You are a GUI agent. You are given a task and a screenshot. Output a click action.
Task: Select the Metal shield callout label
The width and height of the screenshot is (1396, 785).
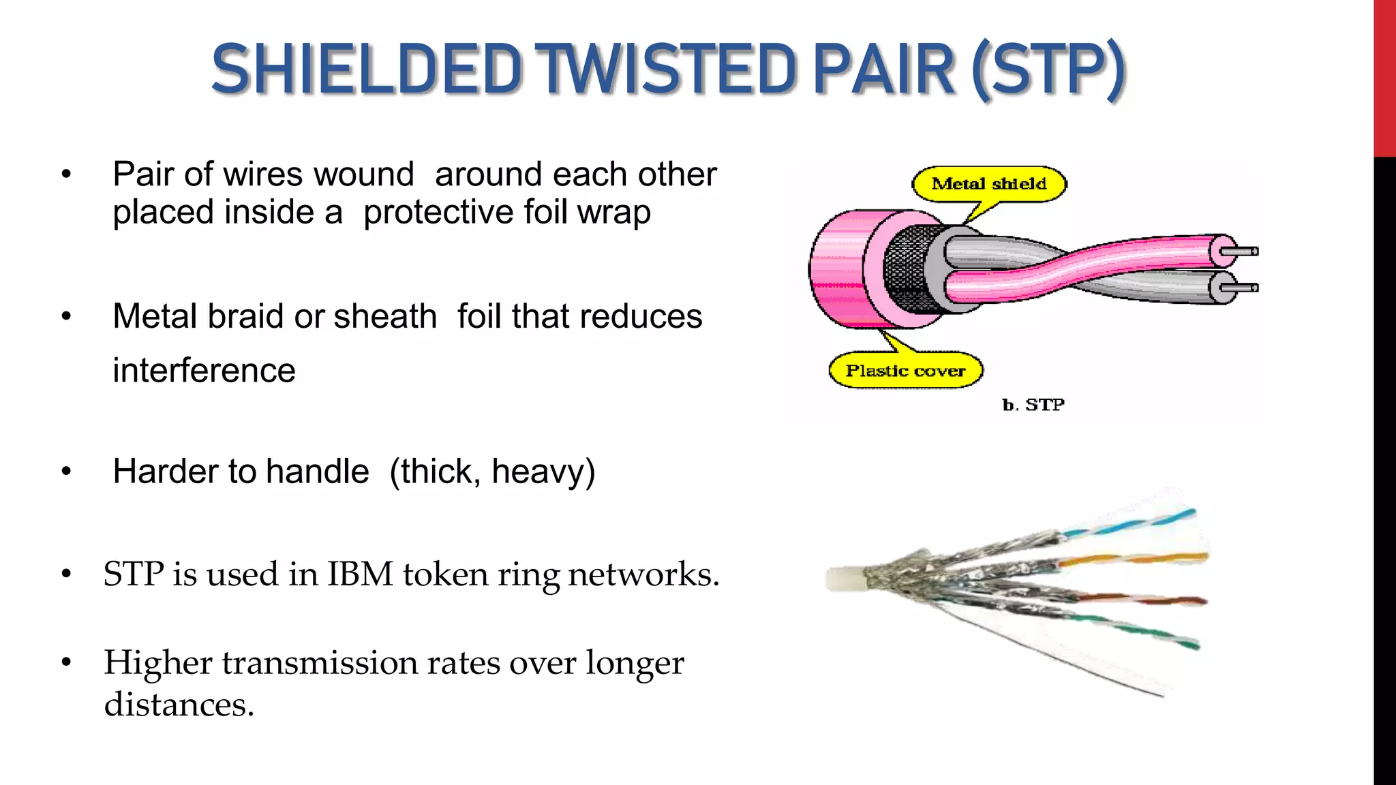tap(988, 183)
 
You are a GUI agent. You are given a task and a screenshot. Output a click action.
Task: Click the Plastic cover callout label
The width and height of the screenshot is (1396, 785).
tap(905, 371)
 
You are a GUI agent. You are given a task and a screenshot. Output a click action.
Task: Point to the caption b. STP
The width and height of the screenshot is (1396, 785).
tap(1033, 405)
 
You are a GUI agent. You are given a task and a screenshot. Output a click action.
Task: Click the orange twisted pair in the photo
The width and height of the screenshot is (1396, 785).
tap(1138, 559)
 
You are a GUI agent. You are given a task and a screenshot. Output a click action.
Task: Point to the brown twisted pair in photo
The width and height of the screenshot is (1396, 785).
tap(1145, 600)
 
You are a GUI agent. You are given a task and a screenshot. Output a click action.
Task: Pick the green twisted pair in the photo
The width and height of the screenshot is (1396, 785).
tap(1145, 630)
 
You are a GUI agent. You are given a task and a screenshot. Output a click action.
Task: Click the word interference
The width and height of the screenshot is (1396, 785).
tap(204, 371)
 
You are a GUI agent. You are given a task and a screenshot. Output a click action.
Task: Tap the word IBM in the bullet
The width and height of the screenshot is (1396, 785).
tap(360, 574)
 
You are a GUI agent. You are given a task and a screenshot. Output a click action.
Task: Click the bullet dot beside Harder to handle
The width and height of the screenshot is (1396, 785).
tap(66, 472)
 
